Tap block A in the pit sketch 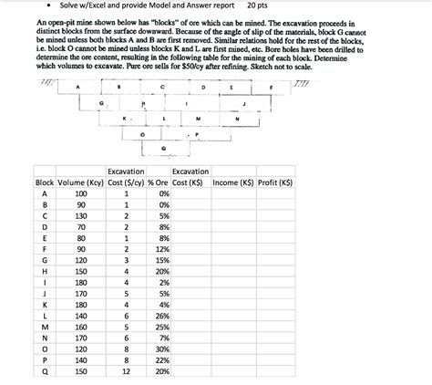coord(78,88)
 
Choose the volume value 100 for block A coord(80,194)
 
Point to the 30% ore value coord(162,347)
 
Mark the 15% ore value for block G coord(162,258)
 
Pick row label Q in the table coord(43,372)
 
